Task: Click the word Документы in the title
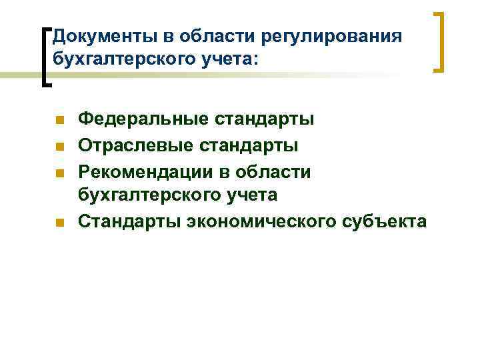pyautogui.click(x=96, y=35)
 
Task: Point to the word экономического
pyautogui.click(x=262, y=221)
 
